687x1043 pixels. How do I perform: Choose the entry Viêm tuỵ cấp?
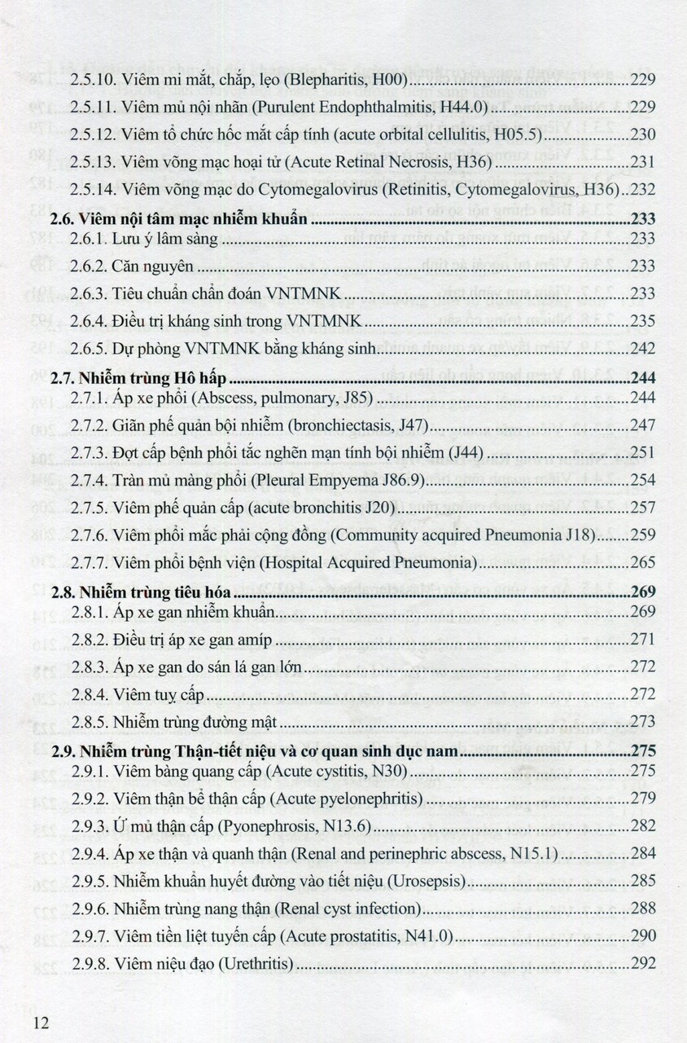(160, 694)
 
